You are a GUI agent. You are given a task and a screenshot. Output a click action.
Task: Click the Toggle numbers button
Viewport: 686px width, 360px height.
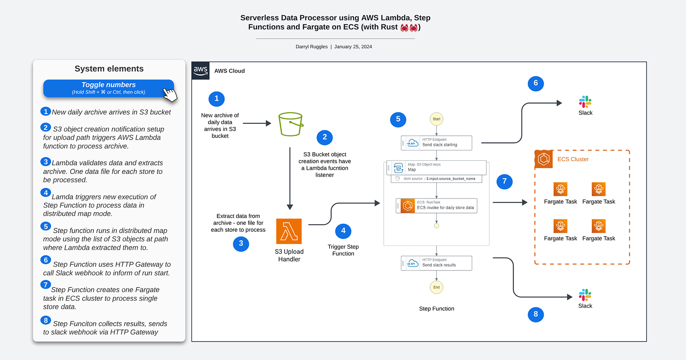click(x=108, y=88)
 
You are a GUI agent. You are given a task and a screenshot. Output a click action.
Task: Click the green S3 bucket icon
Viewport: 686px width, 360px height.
click(x=290, y=124)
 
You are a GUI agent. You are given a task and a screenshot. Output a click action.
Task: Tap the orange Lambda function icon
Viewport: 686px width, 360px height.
click(x=289, y=231)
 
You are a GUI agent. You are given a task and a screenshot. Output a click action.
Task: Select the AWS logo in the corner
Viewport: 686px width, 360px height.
click(x=200, y=70)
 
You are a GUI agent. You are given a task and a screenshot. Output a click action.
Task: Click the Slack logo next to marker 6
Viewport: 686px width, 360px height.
click(x=585, y=102)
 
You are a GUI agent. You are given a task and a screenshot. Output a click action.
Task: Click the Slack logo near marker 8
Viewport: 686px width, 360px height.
click(x=585, y=295)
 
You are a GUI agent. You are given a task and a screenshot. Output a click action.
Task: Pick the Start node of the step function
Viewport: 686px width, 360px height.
click(x=436, y=119)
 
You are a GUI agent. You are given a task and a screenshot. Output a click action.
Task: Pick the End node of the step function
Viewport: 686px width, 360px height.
click(x=436, y=287)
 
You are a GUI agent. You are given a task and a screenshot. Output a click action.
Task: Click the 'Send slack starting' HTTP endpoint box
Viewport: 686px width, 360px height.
click(x=436, y=143)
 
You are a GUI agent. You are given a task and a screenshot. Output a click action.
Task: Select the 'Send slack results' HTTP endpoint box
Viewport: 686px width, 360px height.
click(x=436, y=263)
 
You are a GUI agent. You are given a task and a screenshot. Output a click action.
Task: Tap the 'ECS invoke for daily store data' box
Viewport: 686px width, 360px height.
click(x=436, y=206)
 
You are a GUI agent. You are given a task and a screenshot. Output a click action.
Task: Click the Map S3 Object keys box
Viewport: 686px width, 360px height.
click(x=436, y=167)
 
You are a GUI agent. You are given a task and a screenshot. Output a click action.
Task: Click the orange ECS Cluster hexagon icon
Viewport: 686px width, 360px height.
click(x=544, y=159)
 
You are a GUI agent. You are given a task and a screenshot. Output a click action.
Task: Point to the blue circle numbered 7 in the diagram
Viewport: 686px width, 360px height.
click(x=505, y=181)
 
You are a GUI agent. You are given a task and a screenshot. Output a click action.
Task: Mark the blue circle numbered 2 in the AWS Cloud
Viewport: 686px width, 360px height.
click(x=325, y=137)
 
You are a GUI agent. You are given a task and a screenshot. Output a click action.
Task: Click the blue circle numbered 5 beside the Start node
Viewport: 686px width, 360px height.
click(x=398, y=119)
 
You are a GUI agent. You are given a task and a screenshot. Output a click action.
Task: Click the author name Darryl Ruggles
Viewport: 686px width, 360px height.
click(x=311, y=47)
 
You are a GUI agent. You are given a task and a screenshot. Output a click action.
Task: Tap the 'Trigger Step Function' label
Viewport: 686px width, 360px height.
click(x=343, y=250)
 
